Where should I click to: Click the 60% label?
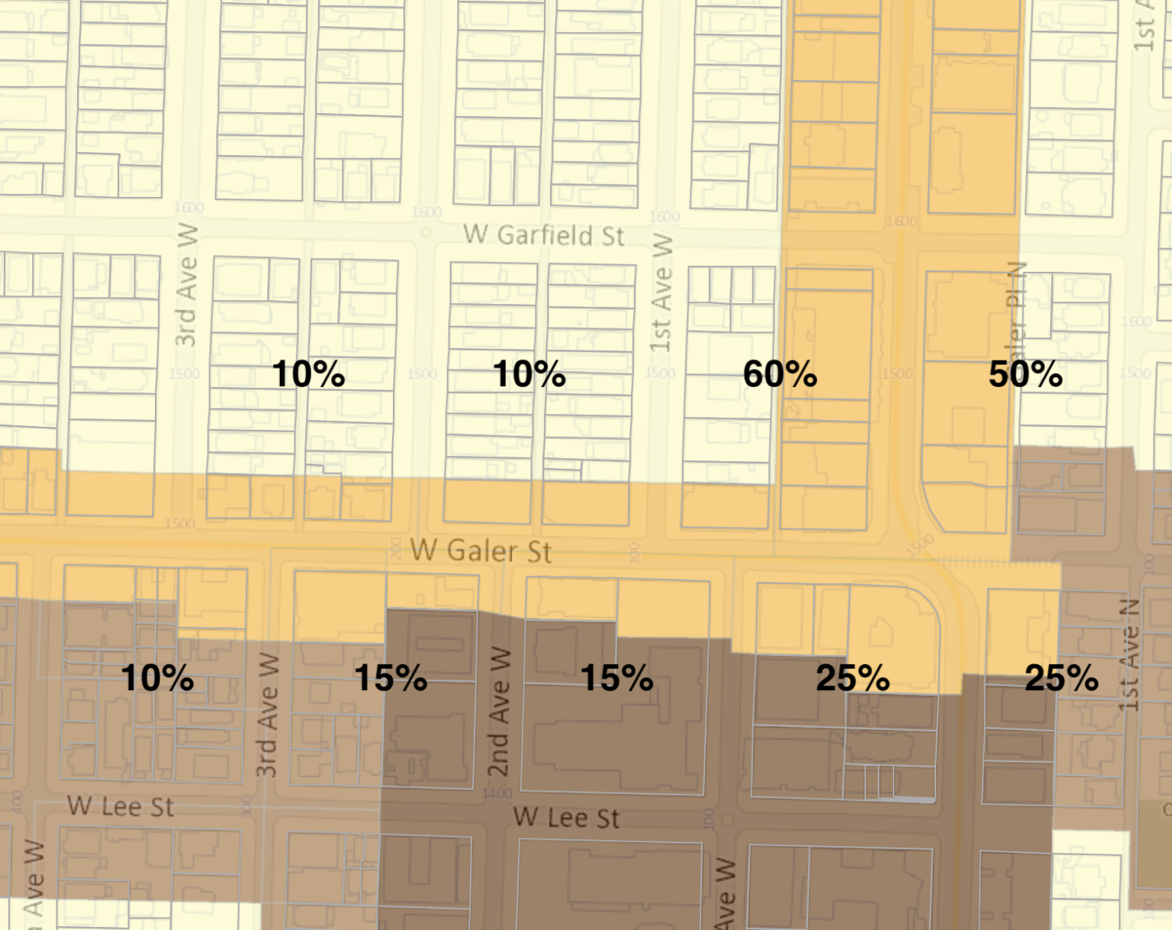pos(780,374)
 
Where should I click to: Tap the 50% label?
pos(1025,374)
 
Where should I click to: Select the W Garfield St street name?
pos(544,235)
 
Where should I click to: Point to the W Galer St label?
pos(481,551)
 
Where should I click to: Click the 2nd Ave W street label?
pos(498,712)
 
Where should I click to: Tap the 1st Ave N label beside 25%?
pos(1131,655)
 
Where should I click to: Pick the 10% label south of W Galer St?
pos(157,678)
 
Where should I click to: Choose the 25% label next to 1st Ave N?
pos(1061,678)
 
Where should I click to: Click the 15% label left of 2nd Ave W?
pos(391,678)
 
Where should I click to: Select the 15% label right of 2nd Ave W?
pos(617,678)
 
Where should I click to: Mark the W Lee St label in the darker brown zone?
pos(566,818)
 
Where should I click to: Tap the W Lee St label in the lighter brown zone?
pos(121,806)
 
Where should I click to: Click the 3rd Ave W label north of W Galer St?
pos(186,285)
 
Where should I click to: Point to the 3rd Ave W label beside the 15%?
pos(266,715)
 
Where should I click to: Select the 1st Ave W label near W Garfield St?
pos(662,292)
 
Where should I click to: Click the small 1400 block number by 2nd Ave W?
pos(497,794)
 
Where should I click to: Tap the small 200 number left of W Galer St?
pos(396,548)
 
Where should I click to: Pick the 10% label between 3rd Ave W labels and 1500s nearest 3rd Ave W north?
pos(308,374)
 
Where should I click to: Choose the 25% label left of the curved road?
pos(852,678)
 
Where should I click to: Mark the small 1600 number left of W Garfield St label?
pos(427,212)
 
